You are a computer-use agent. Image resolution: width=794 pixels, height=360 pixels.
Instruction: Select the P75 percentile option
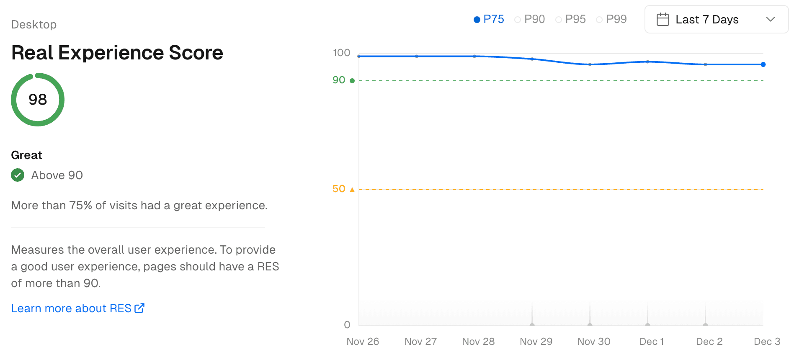(489, 19)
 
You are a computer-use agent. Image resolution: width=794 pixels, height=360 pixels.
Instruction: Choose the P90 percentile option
(530, 19)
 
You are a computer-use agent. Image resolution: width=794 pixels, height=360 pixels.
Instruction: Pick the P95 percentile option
(570, 19)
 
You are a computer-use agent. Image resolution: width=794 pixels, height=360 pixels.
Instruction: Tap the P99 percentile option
(611, 19)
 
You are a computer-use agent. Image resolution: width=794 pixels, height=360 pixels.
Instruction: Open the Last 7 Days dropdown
(716, 20)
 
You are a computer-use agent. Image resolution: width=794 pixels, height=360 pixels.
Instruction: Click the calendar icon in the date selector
(663, 20)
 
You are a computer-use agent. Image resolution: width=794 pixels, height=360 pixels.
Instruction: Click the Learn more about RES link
(77, 309)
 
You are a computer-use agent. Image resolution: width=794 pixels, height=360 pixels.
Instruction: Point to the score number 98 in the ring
(38, 100)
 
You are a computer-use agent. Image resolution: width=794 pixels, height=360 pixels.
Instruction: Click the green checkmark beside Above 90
(18, 175)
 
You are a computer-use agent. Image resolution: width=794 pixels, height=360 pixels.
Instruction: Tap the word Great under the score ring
(26, 155)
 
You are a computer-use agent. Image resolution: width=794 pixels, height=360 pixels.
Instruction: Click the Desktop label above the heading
(34, 25)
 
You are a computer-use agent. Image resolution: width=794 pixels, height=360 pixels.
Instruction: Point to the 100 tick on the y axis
(341, 53)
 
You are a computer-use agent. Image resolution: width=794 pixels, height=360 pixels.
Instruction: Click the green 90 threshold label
(339, 80)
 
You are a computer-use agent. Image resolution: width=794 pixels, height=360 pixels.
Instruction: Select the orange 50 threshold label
(339, 189)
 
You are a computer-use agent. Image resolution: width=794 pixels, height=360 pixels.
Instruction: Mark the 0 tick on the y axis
(347, 325)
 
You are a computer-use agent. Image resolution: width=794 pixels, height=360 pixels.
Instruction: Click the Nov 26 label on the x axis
(363, 342)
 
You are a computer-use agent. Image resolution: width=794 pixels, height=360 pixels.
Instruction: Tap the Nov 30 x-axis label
(594, 342)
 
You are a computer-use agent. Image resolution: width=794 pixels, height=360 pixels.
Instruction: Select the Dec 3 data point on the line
(763, 64)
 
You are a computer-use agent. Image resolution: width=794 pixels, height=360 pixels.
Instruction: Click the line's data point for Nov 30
(590, 64)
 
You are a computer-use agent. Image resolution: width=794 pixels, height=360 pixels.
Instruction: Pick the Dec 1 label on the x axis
(652, 342)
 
